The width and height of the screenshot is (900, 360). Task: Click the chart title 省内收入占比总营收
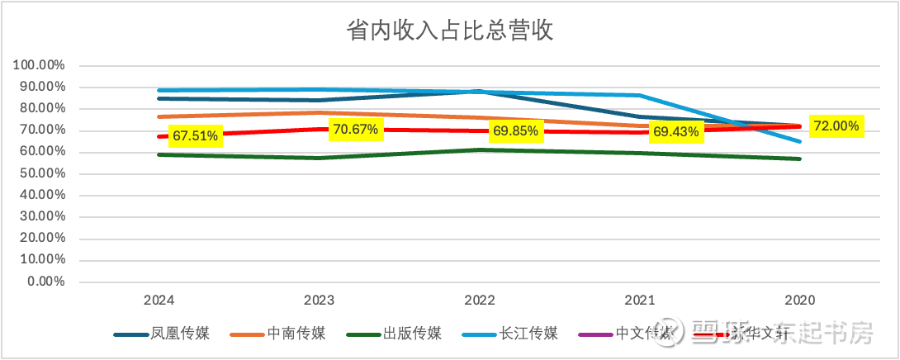(449, 31)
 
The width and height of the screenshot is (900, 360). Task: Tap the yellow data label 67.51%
(195, 136)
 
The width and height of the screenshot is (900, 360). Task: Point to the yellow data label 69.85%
(515, 131)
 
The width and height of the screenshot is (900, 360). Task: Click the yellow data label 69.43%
(675, 131)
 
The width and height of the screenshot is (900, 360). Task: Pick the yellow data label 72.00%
(836, 126)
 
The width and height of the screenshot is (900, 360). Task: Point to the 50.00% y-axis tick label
(43, 173)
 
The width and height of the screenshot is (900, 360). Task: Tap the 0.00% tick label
(46, 282)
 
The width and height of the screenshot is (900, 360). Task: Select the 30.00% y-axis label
(43, 216)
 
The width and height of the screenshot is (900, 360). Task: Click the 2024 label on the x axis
(158, 301)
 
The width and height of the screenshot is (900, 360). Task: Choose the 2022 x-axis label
(479, 301)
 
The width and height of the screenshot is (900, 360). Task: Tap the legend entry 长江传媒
(528, 334)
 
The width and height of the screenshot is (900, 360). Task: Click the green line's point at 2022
(479, 149)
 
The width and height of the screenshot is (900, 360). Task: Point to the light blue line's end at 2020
(799, 141)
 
